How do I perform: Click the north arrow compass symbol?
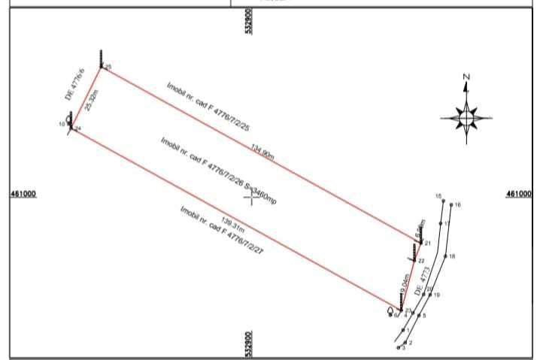pos(466,118)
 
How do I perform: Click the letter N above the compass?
pos(466,77)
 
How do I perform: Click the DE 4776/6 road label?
pos(72,84)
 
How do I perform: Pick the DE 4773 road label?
pos(422,278)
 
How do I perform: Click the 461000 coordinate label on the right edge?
pos(520,194)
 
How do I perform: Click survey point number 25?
pos(108,68)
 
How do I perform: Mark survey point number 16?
pos(457,204)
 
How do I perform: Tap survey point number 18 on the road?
pos(451,256)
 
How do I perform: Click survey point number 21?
pos(426,243)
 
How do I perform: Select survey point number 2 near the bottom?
pos(410,343)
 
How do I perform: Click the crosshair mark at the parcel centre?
pos(249,197)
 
